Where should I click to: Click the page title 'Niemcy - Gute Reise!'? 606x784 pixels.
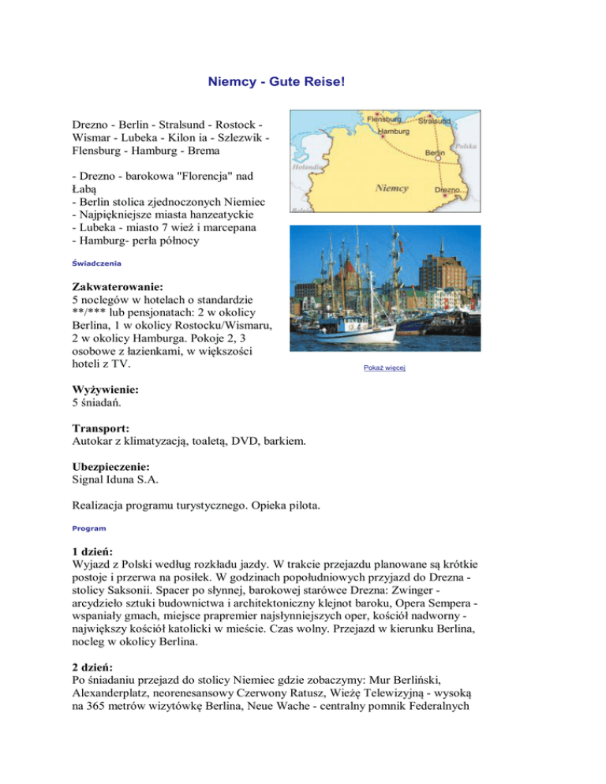[x=276, y=81]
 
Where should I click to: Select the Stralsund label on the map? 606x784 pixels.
[x=435, y=121]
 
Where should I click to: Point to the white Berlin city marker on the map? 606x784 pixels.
[x=436, y=159]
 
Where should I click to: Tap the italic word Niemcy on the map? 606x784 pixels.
[x=391, y=189]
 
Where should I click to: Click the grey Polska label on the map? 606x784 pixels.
[x=466, y=147]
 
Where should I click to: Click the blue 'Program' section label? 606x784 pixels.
[x=88, y=528]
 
